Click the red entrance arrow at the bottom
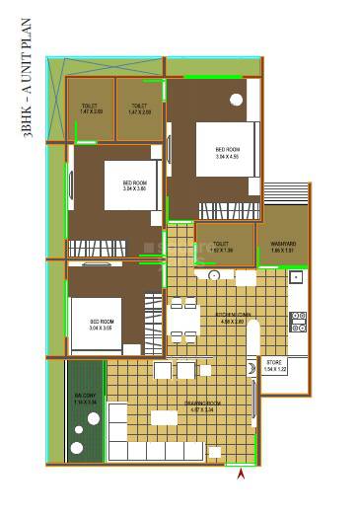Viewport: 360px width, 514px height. (241, 477)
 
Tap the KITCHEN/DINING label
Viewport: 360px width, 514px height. (235, 317)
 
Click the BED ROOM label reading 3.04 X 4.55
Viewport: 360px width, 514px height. (228, 152)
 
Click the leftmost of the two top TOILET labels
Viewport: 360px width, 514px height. (92, 108)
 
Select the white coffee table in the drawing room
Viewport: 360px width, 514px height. (163, 418)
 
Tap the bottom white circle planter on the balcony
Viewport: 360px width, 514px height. (78, 449)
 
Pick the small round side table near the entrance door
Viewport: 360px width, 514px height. (215, 451)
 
